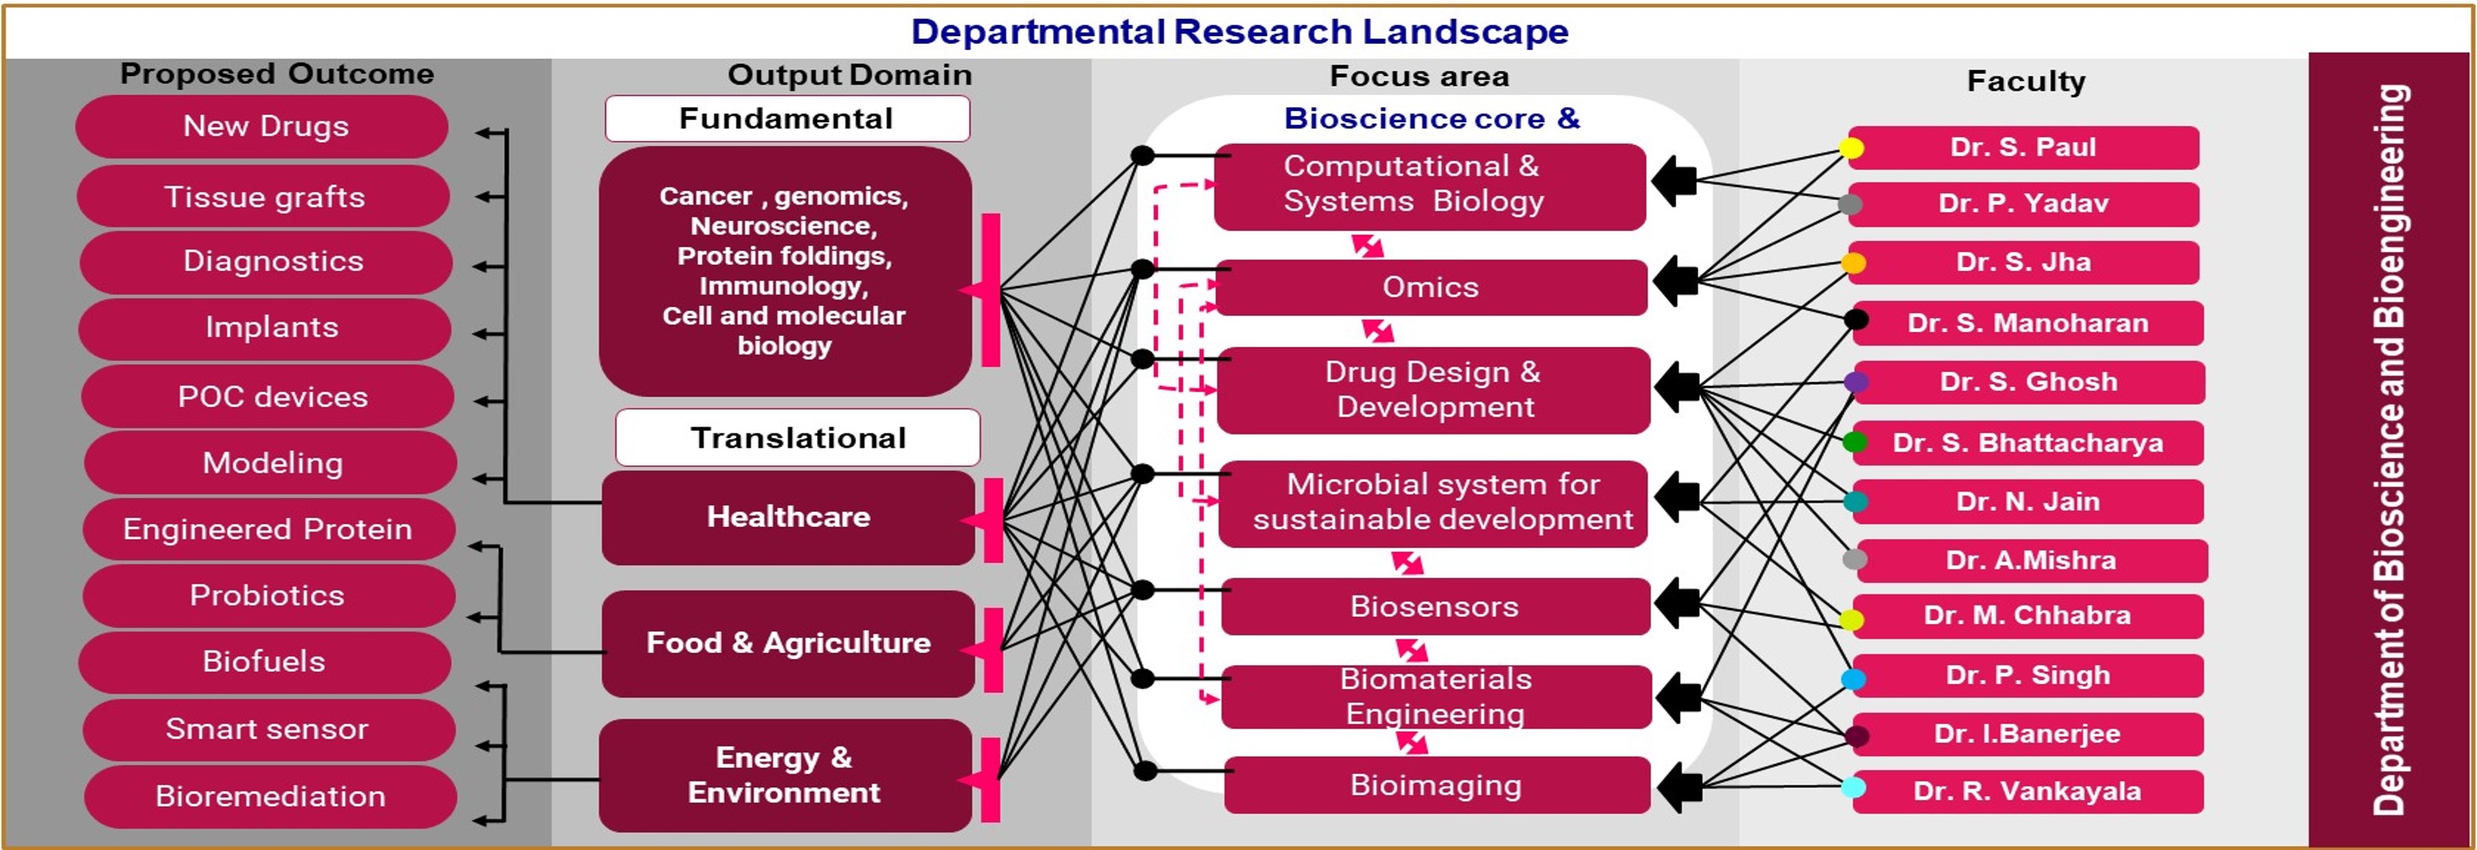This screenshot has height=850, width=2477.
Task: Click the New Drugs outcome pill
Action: [261, 126]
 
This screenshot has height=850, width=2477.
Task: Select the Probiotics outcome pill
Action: [268, 595]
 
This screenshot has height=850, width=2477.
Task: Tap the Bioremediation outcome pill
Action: [270, 796]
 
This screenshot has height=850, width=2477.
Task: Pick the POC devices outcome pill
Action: [268, 396]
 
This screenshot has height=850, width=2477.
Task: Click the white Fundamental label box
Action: [787, 118]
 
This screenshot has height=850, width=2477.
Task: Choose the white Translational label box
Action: [798, 438]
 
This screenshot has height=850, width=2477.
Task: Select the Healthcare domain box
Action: [788, 517]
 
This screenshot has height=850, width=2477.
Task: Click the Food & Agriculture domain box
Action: [788, 643]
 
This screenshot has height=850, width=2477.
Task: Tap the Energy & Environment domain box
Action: [786, 775]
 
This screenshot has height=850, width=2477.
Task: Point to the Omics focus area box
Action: [1431, 287]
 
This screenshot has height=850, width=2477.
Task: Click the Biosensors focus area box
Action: [1435, 607]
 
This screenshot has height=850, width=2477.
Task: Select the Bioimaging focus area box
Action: [1438, 786]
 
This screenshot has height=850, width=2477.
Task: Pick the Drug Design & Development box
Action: [1434, 391]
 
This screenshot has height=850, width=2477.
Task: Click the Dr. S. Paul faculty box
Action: [2024, 147]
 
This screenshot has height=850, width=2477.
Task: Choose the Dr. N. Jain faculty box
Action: [2028, 502]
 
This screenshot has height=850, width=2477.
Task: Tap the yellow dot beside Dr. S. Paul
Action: [1851, 148]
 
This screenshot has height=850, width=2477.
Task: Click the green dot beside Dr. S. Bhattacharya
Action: [1855, 442]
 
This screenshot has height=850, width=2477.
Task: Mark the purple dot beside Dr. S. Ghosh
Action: [1856, 382]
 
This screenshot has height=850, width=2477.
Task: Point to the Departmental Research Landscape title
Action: [1240, 32]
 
